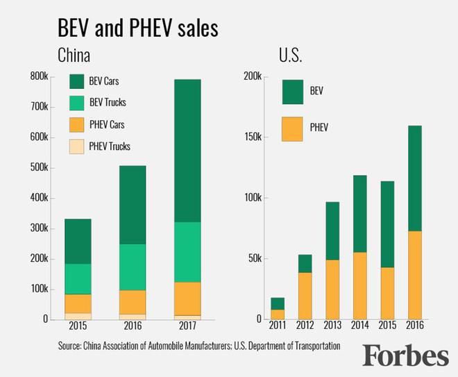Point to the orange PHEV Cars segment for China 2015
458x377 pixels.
pyautogui.click(x=78, y=303)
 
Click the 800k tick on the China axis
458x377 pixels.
pyautogui.click(x=38, y=77)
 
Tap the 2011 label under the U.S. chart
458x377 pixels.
pyautogui.click(x=277, y=325)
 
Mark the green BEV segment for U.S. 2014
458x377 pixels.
pyautogui.click(x=359, y=213)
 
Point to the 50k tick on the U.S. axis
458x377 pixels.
pyautogui.click(x=254, y=259)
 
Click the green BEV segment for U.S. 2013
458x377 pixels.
pyautogui.click(x=332, y=231)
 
